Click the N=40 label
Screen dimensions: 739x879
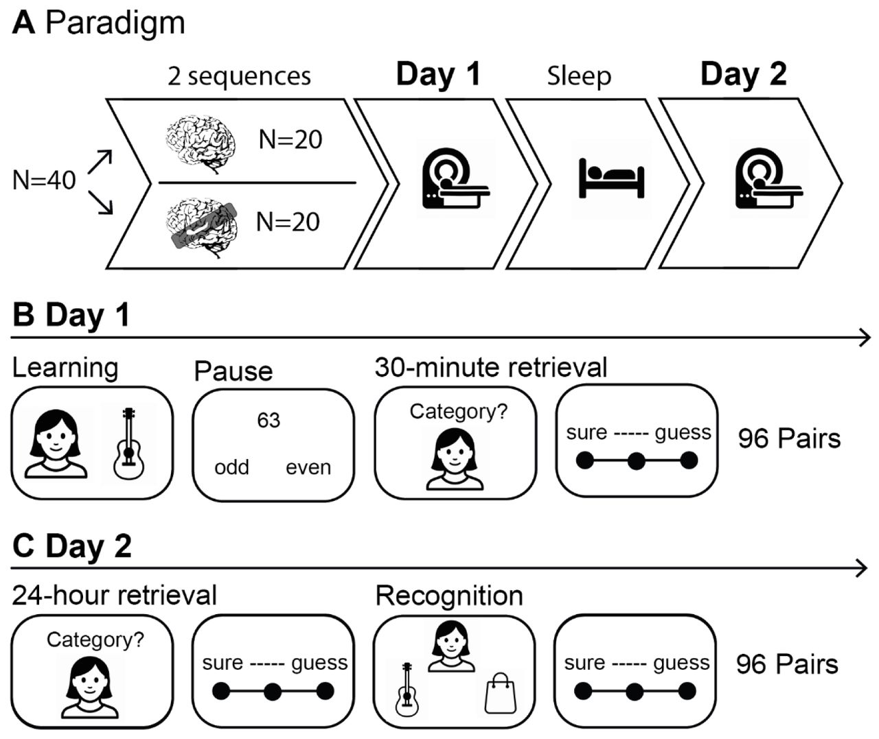click(44, 180)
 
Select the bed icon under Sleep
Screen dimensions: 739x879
click(611, 179)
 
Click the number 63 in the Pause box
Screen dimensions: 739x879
click(269, 420)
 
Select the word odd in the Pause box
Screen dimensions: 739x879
click(231, 467)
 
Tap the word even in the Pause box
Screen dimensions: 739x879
click(308, 467)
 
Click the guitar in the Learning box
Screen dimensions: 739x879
click(128, 442)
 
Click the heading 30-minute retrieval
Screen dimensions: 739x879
click(491, 368)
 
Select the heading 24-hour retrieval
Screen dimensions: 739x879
click(114, 595)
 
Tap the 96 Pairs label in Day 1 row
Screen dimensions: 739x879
click(789, 438)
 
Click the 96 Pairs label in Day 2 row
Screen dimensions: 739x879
click(787, 664)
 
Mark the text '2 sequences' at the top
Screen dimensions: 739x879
click(239, 76)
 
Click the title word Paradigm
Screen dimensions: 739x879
click(115, 23)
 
